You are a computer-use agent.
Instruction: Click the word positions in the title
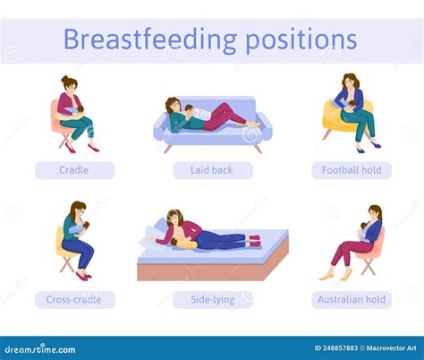[x=297, y=39]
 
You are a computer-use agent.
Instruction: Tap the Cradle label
[x=74, y=170]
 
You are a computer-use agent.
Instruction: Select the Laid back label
[x=212, y=170]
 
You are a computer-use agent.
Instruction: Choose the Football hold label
[x=351, y=170]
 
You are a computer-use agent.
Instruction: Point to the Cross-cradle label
[x=74, y=300]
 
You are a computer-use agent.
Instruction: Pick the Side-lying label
[x=212, y=300]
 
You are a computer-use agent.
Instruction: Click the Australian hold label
[x=351, y=300]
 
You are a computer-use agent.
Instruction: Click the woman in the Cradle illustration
[x=72, y=111]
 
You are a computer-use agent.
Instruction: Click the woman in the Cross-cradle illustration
[x=76, y=237]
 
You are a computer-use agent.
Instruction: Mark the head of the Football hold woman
[x=350, y=81]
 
